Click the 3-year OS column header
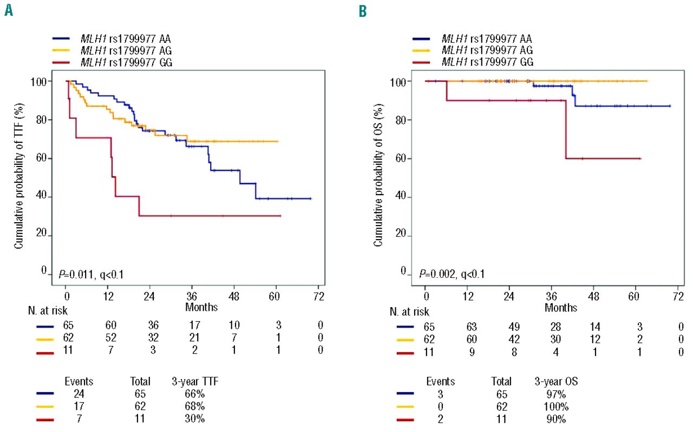click(x=554, y=381)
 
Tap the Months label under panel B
click(x=561, y=308)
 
